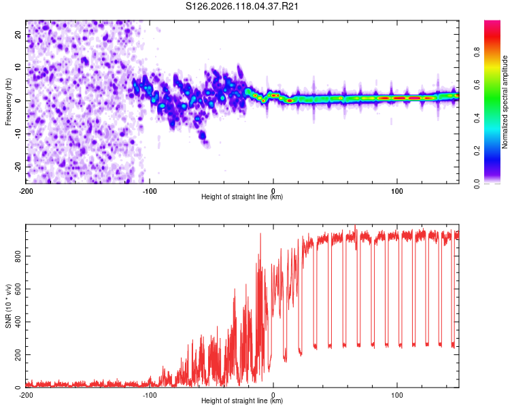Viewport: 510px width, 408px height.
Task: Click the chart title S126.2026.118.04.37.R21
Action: [x=241, y=6]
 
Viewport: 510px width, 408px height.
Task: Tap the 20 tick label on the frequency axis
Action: [x=18, y=34]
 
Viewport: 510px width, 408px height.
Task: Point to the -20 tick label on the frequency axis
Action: [x=18, y=167]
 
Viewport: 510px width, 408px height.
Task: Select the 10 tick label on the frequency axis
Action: [x=18, y=67]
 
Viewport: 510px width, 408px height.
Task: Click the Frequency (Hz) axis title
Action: [x=8, y=102]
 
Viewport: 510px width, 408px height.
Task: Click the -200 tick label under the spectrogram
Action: [x=26, y=191]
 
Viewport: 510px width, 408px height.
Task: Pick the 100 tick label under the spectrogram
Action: [x=397, y=191]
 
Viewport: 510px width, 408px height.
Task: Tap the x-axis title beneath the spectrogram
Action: [x=242, y=197]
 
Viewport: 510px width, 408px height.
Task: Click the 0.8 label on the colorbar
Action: [x=477, y=52]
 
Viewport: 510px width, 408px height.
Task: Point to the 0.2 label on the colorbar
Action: [x=477, y=151]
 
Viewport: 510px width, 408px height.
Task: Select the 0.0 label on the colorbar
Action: [x=477, y=184]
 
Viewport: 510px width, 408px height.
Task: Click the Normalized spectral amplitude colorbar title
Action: [x=505, y=102]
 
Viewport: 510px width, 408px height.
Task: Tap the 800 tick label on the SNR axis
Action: [x=18, y=256]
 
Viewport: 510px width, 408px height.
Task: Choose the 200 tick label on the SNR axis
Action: [x=18, y=355]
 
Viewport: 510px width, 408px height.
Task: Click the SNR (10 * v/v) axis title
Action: [x=8, y=306]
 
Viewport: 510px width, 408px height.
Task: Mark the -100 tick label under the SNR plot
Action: [x=150, y=395]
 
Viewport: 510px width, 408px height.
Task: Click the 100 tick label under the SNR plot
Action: [x=397, y=395]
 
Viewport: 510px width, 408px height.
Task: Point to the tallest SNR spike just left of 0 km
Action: [x=260, y=234]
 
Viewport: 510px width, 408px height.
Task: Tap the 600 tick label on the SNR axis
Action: [x=18, y=289]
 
